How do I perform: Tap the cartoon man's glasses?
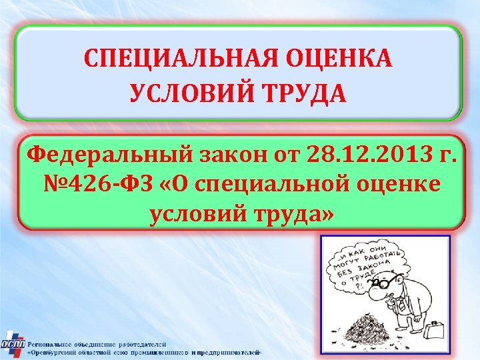click(x=385, y=283)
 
